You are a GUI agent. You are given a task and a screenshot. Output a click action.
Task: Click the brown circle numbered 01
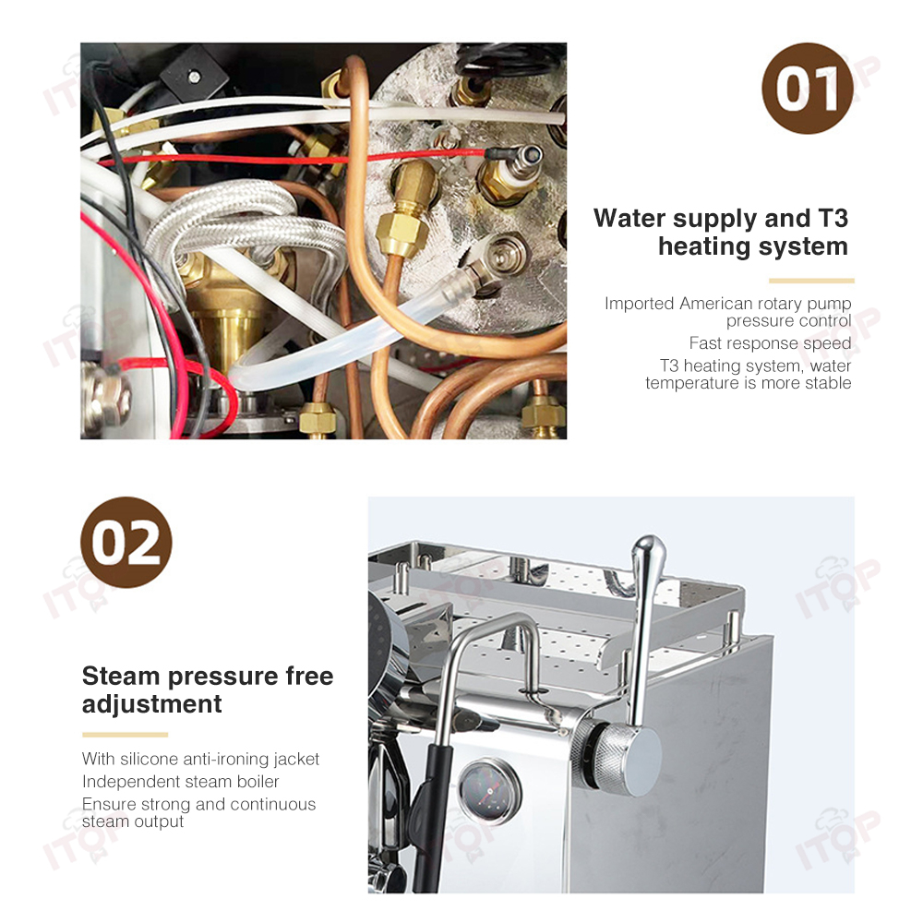click(807, 89)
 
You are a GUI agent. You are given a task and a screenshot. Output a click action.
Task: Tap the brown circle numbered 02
click(126, 542)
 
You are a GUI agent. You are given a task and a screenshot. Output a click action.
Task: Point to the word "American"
click(716, 303)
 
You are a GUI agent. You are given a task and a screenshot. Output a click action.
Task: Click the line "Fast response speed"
click(770, 342)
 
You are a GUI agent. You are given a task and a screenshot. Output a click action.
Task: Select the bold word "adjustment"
click(152, 704)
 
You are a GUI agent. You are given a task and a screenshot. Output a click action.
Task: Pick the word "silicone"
click(150, 759)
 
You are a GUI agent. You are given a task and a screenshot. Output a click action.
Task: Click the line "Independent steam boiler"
click(180, 781)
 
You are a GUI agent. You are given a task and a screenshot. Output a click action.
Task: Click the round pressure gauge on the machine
click(489, 791)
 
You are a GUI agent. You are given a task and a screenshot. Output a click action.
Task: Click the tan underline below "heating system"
click(811, 281)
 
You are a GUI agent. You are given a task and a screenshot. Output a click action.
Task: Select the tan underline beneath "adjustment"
click(125, 735)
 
